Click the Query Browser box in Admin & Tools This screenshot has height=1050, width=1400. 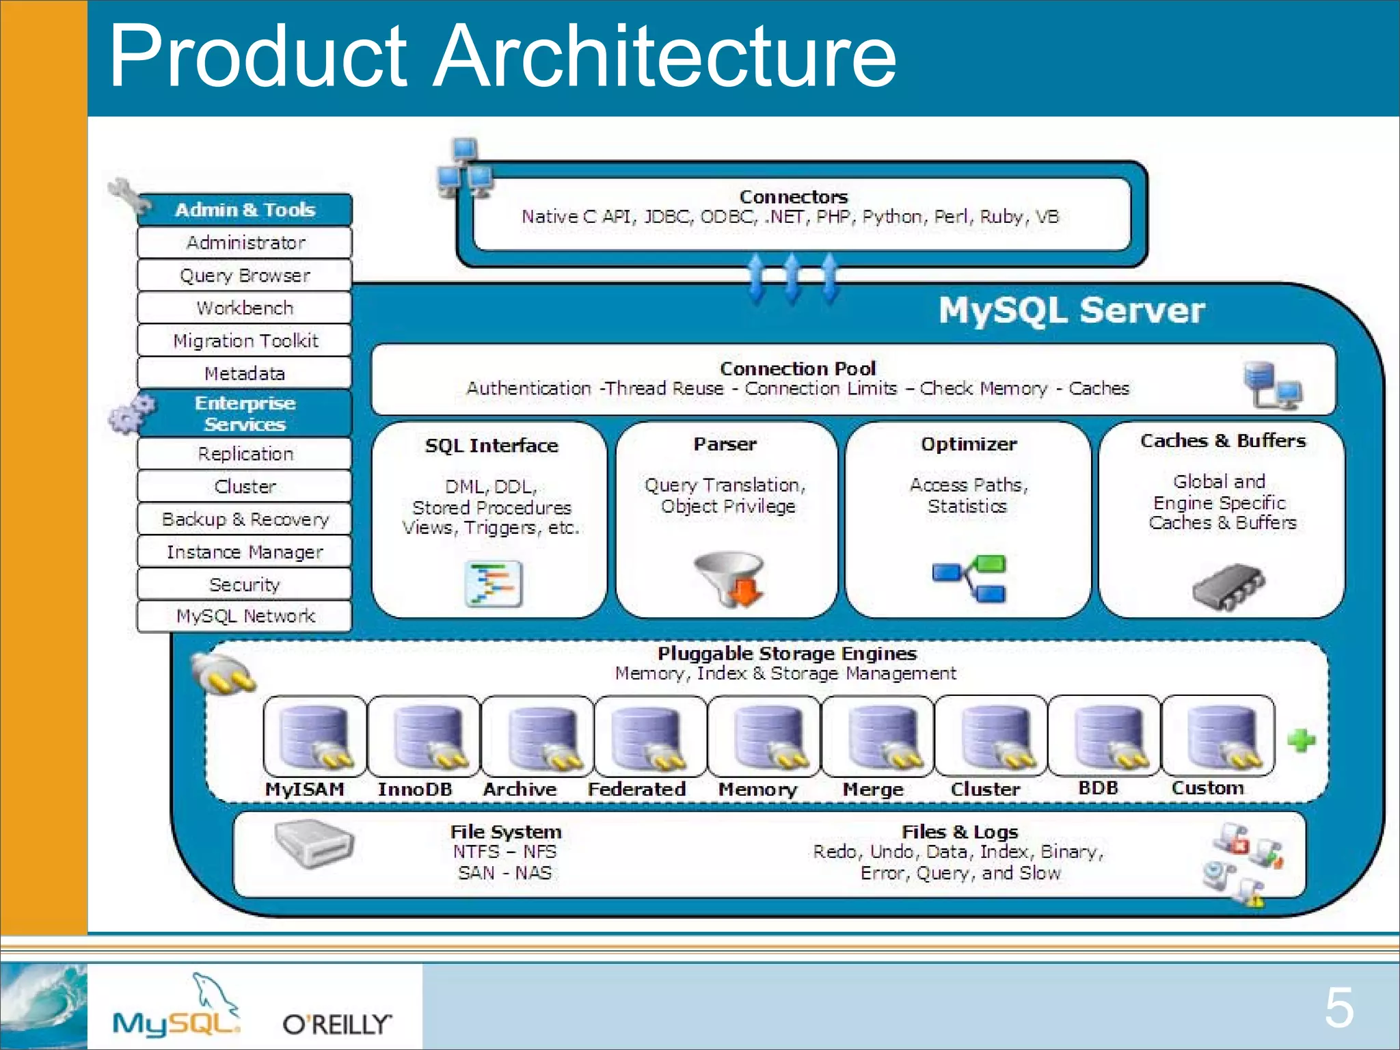click(x=245, y=275)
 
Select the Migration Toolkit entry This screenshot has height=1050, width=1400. click(x=245, y=340)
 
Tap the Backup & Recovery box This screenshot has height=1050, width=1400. click(x=245, y=520)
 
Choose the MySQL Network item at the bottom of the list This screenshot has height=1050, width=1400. click(x=245, y=617)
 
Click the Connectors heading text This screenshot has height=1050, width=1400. click(x=793, y=197)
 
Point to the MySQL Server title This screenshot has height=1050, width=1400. click(x=1071, y=310)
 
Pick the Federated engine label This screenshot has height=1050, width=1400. click(x=636, y=790)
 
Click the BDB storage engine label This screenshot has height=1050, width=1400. click(x=1098, y=788)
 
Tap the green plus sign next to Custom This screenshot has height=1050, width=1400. click(x=1301, y=740)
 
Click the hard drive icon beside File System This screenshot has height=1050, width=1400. click(x=314, y=844)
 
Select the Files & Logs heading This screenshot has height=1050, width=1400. click(x=960, y=832)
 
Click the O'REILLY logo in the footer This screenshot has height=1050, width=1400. click(x=337, y=1024)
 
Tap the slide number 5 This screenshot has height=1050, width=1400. click(x=1338, y=1008)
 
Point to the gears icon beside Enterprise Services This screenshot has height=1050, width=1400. click(x=131, y=414)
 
